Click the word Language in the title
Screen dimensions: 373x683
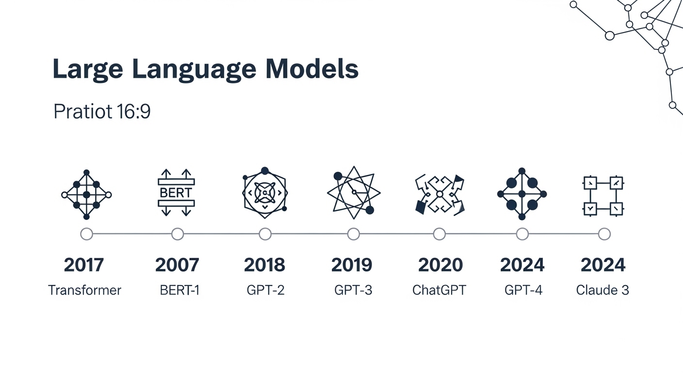(x=194, y=69)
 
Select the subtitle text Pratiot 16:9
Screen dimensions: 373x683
(x=102, y=112)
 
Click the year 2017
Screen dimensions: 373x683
(x=84, y=265)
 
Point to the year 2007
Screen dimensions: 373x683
(x=177, y=265)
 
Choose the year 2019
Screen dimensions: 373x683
(x=352, y=265)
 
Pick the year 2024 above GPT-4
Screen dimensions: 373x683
(x=522, y=265)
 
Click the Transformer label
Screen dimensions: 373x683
(x=84, y=290)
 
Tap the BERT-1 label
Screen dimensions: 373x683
(x=179, y=290)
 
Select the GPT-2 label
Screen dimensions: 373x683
(x=265, y=290)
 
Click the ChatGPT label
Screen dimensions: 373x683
(x=439, y=290)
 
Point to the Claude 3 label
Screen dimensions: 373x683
(x=602, y=290)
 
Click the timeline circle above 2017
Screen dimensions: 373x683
(x=86, y=234)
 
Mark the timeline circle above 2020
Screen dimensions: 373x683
(x=439, y=234)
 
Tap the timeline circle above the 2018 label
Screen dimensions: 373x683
(x=265, y=234)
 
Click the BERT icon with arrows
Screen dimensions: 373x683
(x=176, y=192)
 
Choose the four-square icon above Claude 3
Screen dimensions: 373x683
(x=602, y=196)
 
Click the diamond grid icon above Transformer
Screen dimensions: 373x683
(x=86, y=194)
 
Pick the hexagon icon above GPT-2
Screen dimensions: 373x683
(x=265, y=193)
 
